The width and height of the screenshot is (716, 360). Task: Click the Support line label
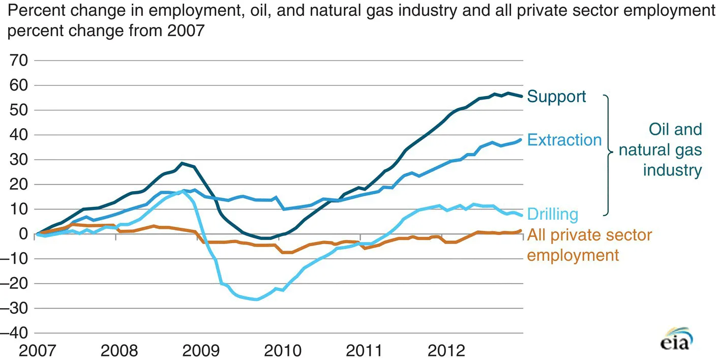(x=556, y=96)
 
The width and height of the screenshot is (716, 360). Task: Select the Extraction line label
(x=564, y=140)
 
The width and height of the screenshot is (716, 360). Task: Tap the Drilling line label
(x=553, y=214)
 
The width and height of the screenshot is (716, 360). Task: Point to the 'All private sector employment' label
(x=589, y=245)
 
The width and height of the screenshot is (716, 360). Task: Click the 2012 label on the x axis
(x=446, y=351)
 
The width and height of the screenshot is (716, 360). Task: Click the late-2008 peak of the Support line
(x=182, y=163)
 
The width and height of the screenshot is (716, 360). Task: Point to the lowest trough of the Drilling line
(x=256, y=299)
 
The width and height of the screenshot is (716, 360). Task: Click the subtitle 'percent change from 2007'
(x=106, y=32)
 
